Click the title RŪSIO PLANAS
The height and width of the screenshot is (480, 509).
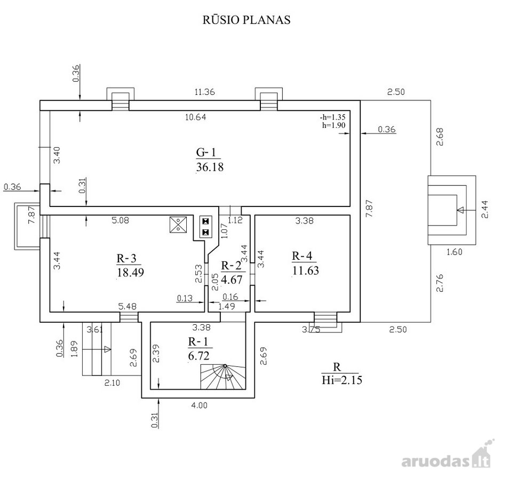pos(246,20)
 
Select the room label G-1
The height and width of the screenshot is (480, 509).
pos(206,152)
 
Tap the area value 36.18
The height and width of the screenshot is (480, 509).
pos(210,167)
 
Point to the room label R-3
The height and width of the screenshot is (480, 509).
pos(126,258)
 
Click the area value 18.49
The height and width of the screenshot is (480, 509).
pos(130,272)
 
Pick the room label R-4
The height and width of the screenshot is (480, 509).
pos(302,256)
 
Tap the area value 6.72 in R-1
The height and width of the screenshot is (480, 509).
pos(198,356)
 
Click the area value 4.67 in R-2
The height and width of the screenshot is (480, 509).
pos(232,279)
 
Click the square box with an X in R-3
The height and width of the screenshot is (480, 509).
pos(178,225)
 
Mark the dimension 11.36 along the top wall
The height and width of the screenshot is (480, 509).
pos(204,92)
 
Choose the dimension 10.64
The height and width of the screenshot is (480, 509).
pos(195,117)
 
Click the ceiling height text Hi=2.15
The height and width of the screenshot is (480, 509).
pos(342,380)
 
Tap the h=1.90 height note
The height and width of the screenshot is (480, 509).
pos(333,125)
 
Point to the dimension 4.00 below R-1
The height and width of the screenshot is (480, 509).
pos(199,405)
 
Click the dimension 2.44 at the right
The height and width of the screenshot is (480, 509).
pos(484,209)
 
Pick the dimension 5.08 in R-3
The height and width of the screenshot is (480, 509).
pos(120,220)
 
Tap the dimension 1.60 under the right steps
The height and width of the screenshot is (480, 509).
pos(455,252)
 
